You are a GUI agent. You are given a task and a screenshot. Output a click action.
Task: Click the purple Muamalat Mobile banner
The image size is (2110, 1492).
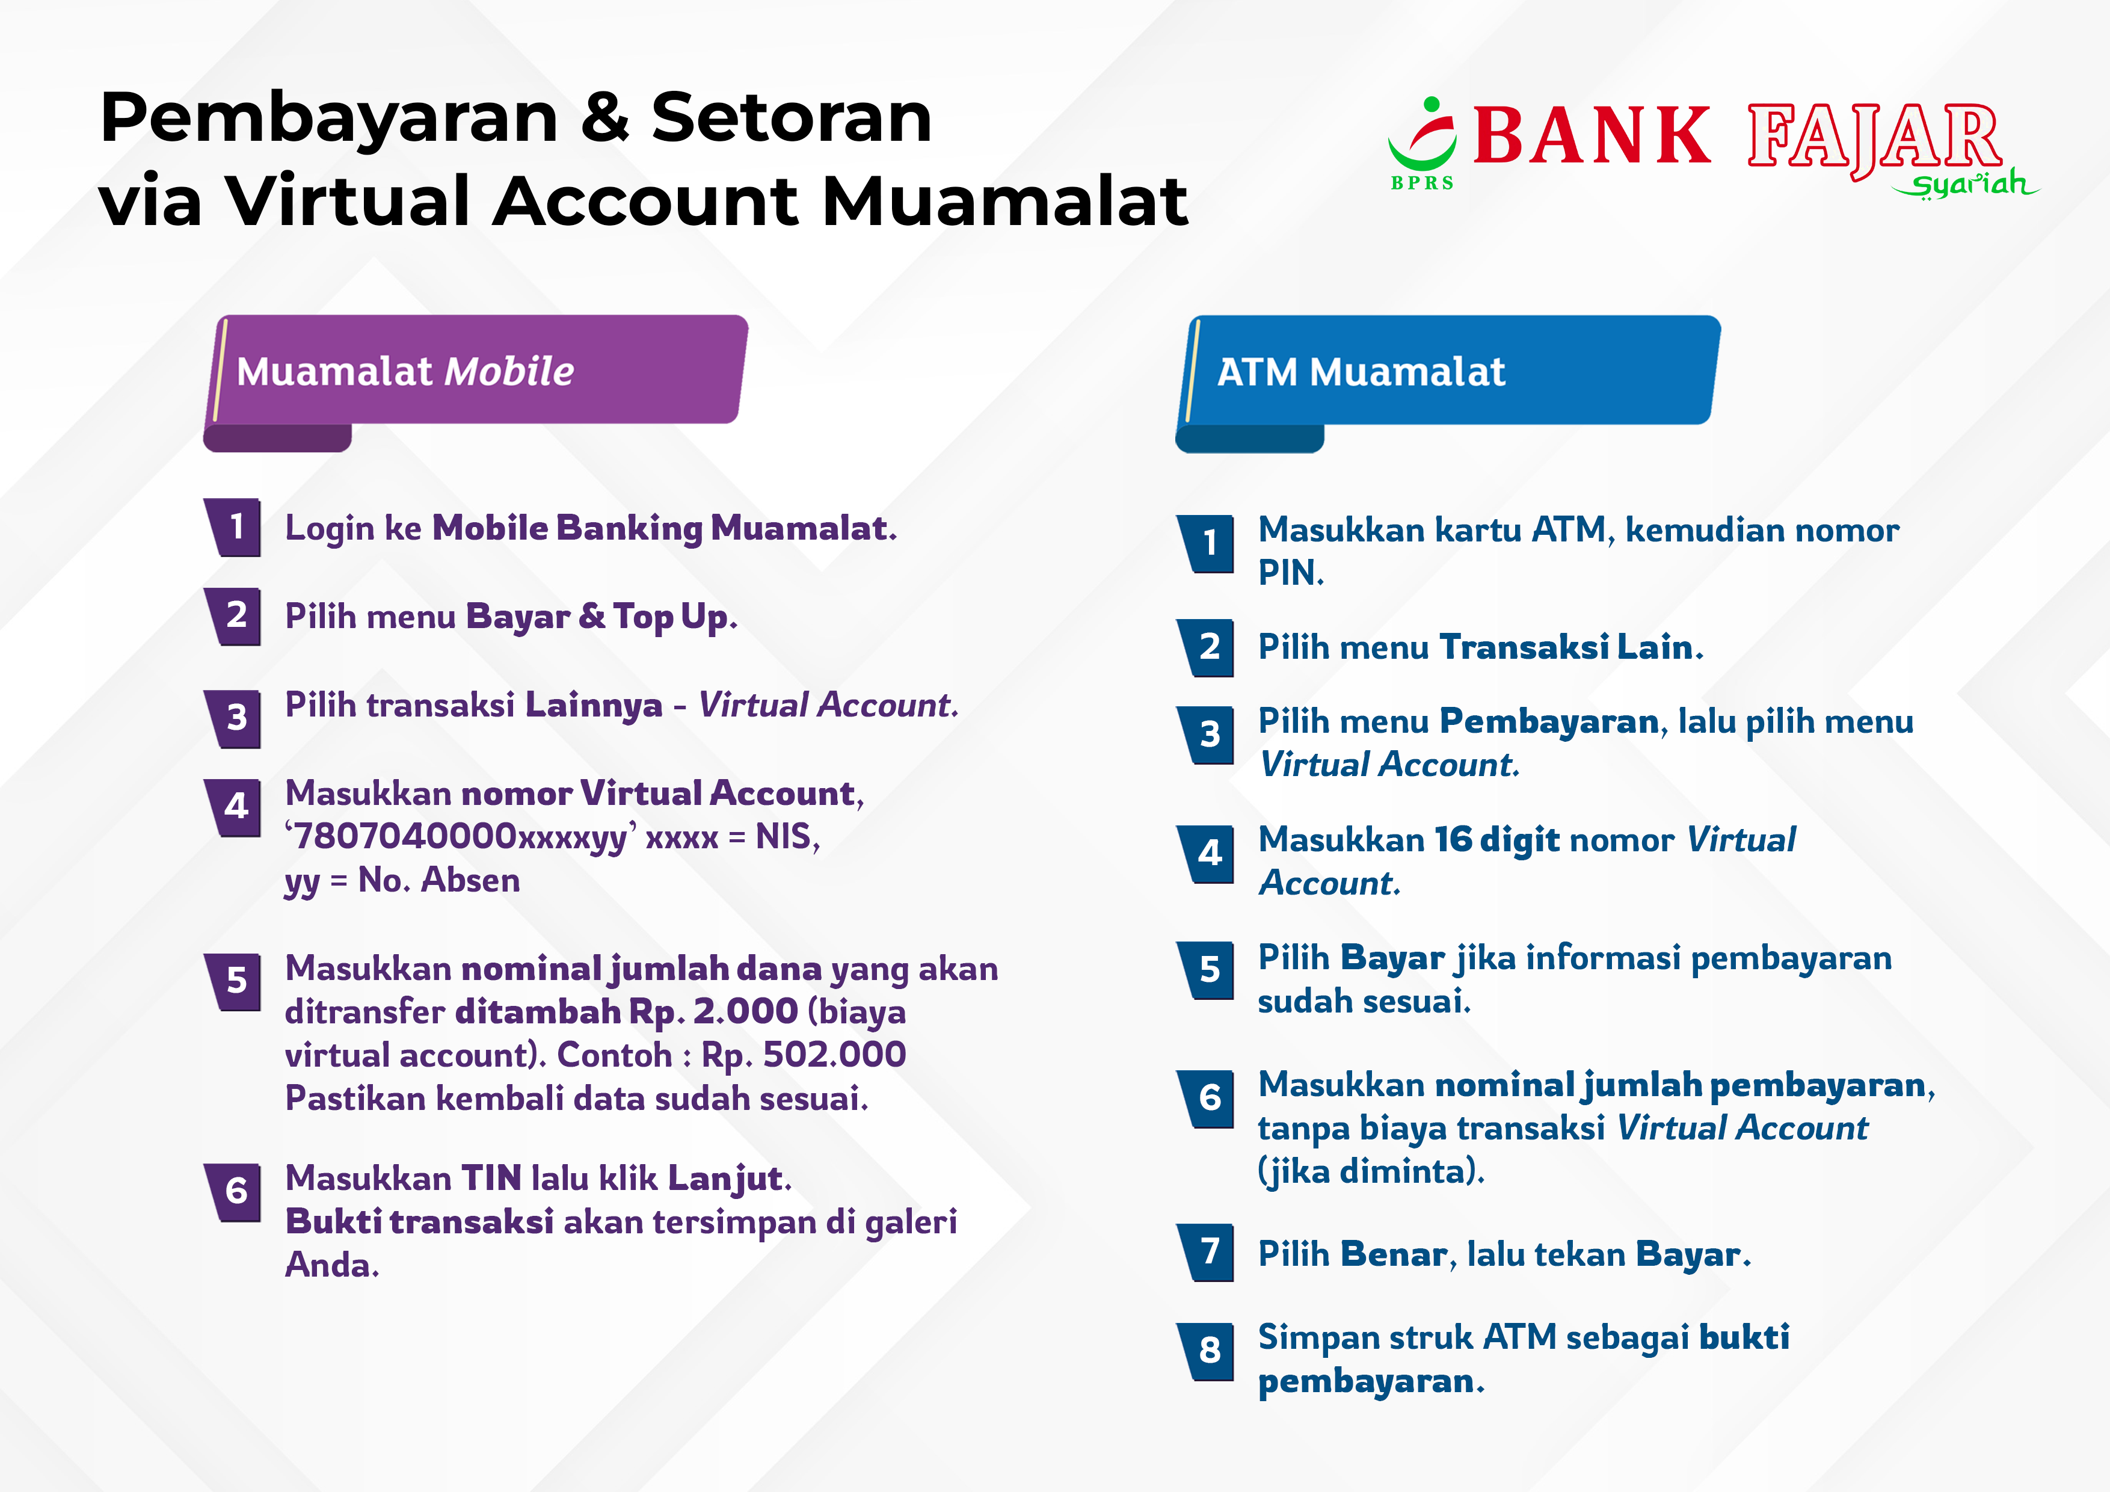point(475,381)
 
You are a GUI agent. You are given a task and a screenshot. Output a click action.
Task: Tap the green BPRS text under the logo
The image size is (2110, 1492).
point(1422,183)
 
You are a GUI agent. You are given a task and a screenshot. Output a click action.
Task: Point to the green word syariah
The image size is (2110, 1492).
point(1966,185)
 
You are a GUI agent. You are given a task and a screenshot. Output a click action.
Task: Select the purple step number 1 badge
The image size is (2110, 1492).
point(233,528)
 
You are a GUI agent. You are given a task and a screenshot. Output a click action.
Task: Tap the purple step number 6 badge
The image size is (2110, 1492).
point(233,1191)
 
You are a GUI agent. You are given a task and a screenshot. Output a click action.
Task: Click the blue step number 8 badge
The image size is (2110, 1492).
point(1207,1351)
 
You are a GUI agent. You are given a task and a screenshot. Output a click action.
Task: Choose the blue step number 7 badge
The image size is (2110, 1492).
point(1207,1252)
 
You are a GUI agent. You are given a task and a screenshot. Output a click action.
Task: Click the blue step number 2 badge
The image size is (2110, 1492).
point(1207,647)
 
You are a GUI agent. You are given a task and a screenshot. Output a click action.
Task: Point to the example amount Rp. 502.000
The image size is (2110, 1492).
point(803,1055)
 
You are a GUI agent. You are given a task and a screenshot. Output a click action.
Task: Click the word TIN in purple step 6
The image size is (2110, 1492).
point(491,1179)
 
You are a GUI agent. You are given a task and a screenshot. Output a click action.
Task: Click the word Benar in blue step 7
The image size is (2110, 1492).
point(1393,1254)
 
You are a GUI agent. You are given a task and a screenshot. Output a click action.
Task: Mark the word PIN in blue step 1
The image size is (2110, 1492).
point(1288,573)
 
